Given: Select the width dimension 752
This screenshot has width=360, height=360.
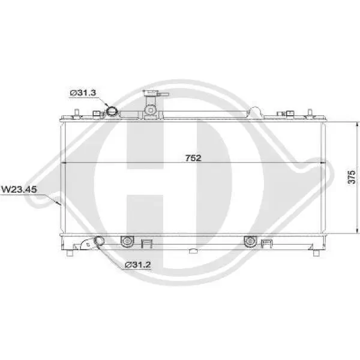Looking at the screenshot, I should coord(193,158).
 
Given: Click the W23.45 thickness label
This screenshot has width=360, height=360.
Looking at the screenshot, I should coord(19,190).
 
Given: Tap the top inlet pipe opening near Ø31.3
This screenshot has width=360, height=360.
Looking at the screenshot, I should coord(112,111).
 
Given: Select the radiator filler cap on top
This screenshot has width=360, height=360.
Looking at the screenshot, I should coord(150,96).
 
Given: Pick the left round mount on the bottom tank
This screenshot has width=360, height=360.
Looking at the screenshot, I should coord(126,241).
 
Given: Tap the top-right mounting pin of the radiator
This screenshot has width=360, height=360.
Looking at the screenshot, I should coord(308,113).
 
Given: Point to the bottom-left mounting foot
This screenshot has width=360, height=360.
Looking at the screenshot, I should coord(71,252).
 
